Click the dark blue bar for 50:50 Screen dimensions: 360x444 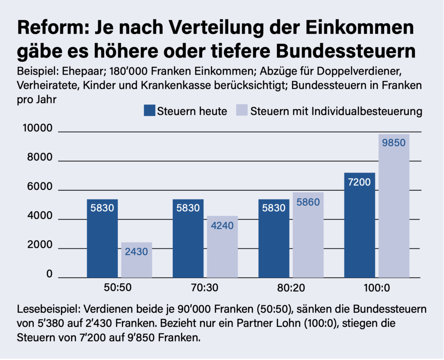point(102,238)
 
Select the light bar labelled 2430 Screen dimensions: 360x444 point(137,260)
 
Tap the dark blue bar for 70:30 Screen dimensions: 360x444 point(188,238)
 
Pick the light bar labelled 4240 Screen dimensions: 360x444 point(222,247)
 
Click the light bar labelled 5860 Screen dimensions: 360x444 point(308,235)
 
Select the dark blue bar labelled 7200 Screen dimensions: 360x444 point(359,225)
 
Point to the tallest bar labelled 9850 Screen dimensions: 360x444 point(394,206)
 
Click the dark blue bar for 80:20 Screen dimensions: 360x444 point(274,238)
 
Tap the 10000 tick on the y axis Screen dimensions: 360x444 point(37,129)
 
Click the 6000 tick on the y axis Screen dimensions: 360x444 point(40,187)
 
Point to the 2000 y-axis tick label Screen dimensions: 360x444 point(40,246)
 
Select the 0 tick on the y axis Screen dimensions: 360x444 point(49,275)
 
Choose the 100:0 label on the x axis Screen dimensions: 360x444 point(376,288)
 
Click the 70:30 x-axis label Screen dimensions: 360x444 point(205,288)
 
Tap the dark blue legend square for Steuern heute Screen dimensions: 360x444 point(149,111)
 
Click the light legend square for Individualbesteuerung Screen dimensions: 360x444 point(242,111)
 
